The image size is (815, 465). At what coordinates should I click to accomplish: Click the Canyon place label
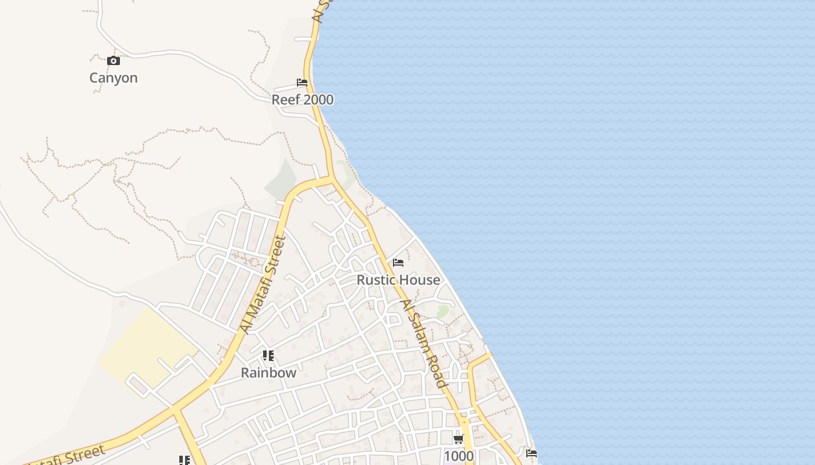114,78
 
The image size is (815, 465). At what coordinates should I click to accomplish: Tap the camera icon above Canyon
114,60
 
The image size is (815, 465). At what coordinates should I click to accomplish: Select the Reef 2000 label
303,99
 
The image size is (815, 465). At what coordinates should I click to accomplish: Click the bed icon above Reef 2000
302,83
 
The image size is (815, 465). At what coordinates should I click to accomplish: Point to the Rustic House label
398,280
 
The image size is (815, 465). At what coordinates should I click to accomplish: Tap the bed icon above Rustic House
398,263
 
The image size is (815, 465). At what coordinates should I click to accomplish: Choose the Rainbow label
268,373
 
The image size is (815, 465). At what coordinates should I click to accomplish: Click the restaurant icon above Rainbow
268,355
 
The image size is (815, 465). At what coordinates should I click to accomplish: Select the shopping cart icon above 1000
459,439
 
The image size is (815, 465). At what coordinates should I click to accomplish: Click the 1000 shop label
459,456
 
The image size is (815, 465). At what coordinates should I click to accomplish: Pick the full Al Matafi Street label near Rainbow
264,285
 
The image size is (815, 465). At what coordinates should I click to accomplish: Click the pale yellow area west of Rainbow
146,349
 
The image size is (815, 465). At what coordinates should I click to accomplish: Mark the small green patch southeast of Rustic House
443,311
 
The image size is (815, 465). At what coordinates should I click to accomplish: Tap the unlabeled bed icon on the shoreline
531,453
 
